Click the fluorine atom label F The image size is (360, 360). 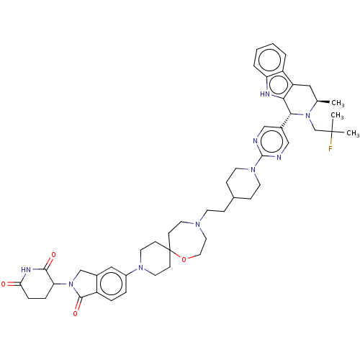pos(330,149)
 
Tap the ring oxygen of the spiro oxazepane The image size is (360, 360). pos(184,259)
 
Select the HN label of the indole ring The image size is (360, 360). pos(265,94)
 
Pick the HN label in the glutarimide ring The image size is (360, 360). pos(26,269)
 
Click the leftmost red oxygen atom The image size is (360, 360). pos(4,284)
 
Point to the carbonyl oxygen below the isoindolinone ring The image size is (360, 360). pos(76,314)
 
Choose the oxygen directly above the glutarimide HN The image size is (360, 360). pos(53,255)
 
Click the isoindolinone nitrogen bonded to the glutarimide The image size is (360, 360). pos(71,284)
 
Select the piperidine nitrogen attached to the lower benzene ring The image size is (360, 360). pos(141,268)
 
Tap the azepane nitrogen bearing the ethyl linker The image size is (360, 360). pos(197,225)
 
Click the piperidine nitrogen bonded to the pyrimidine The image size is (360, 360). pos(253,170)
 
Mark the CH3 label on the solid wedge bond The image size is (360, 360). pos(338,103)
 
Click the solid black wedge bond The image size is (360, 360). pos(323,102)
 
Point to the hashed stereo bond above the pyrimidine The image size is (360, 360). pos(286,120)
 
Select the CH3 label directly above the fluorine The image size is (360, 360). pos(337,116)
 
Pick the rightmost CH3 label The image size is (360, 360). pos(353,133)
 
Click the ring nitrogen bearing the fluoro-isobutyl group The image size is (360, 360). pos(307,115)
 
